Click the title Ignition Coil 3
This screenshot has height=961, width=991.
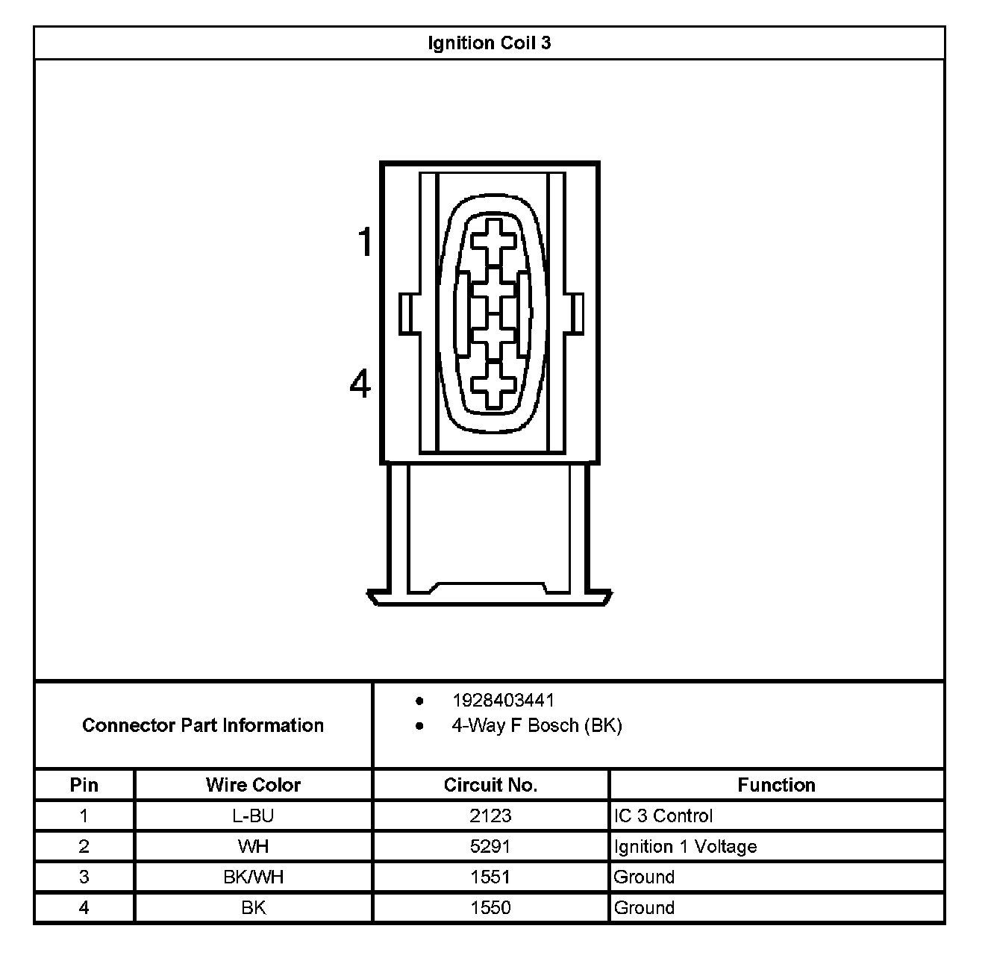point(490,43)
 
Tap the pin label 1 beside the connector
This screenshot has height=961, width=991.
point(364,242)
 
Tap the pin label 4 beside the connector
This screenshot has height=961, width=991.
point(360,384)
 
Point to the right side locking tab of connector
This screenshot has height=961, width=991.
point(575,314)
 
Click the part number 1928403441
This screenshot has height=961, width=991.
point(503,700)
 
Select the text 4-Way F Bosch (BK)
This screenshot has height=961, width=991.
point(537,725)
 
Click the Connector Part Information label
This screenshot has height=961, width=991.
point(203,725)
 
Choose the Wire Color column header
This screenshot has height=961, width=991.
point(253,785)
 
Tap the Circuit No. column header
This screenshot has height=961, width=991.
point(490,785)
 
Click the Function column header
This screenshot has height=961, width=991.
point(776,785)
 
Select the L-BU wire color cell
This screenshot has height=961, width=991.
point(253,816)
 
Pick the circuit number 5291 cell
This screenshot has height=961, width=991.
point(490,847)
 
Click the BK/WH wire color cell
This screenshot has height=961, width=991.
point(253,877)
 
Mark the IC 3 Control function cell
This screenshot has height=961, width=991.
point(663,816)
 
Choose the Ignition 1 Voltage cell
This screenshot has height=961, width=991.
point(685,847)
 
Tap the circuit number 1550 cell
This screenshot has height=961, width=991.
point(490,908)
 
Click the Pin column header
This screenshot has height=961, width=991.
point(84,785)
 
